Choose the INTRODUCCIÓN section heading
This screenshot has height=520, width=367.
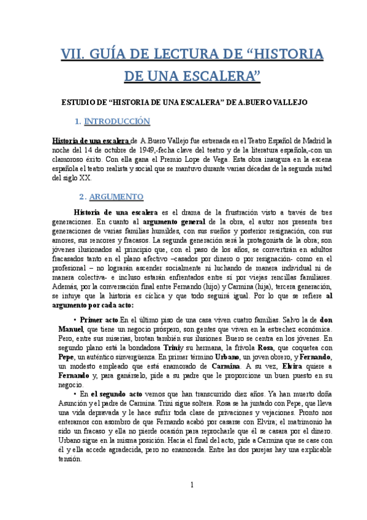[x=117, y=121]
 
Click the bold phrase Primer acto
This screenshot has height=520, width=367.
[x=99, y=319]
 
